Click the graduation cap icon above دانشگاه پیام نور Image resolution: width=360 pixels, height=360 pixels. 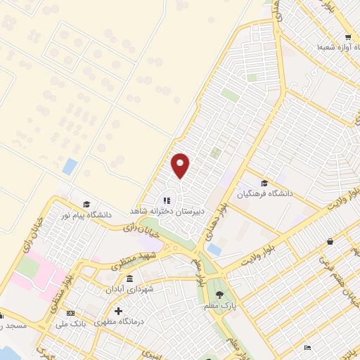[86, 203]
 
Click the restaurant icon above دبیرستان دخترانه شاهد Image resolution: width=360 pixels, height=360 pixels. [167, 199]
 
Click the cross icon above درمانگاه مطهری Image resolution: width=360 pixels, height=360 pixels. [118, 310]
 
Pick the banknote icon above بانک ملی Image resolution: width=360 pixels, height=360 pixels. [70, 313]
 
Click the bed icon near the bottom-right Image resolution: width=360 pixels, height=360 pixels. [307, 347]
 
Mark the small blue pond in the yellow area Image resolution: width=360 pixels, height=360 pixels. [70, 167]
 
